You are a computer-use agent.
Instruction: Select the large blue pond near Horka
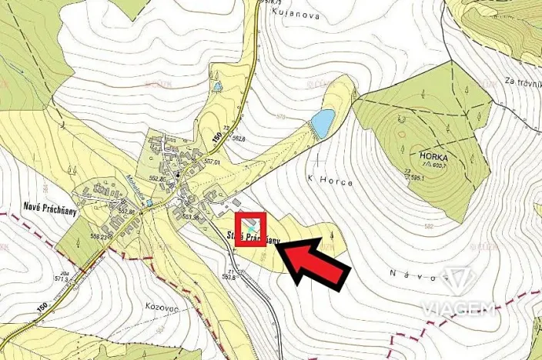pyautogui.click(x=322, y=122)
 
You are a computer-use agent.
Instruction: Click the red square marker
pyautogui.click(x=250, y=228)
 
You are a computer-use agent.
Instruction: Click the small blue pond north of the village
pyautogui.click(x=218, y=85)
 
